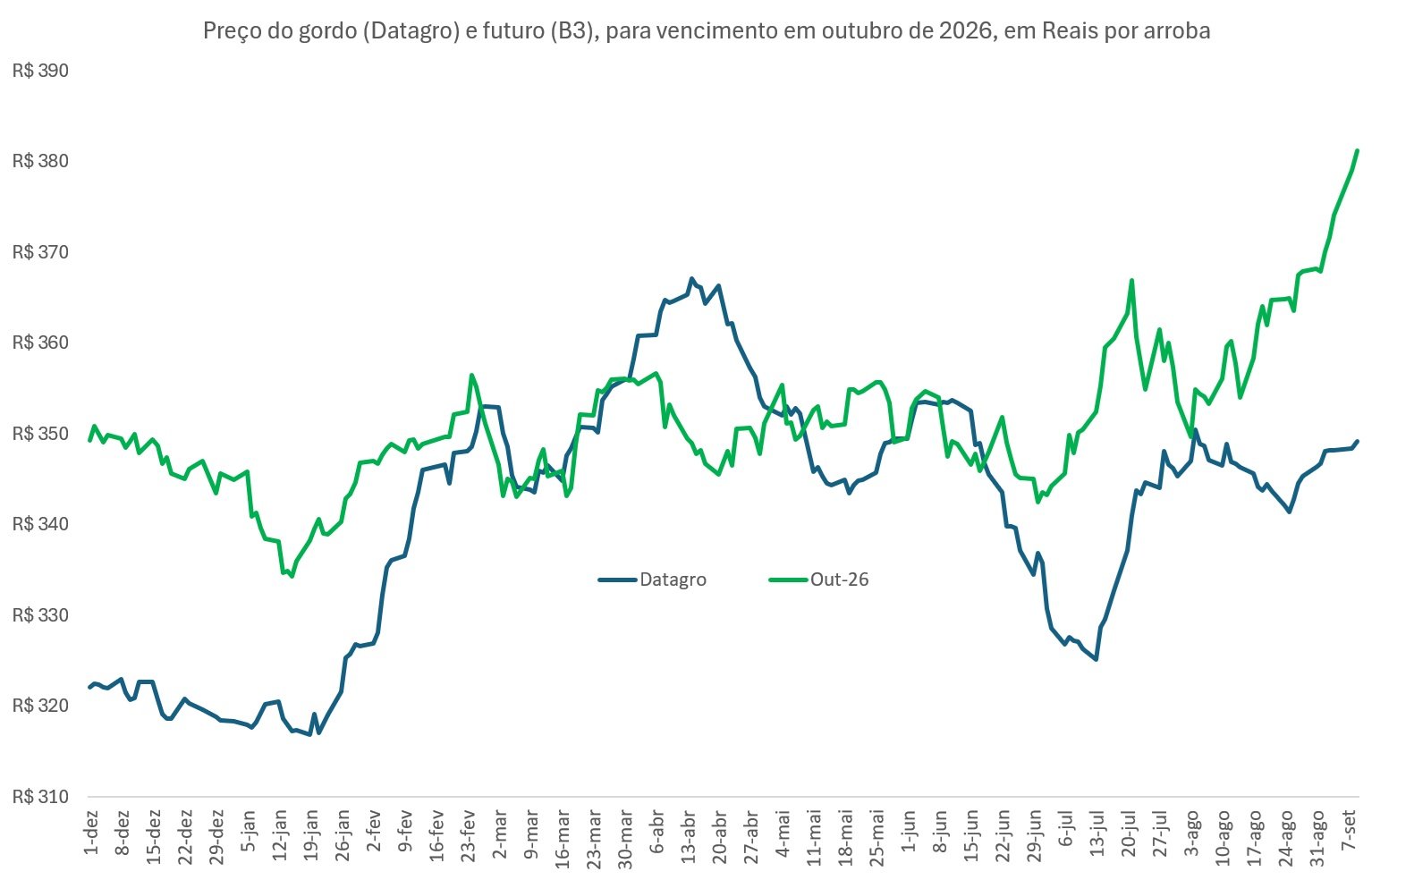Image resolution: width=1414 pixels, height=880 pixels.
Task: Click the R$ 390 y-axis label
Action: (x=40, y=71)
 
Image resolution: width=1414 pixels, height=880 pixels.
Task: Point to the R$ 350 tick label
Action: (x=40, y=434)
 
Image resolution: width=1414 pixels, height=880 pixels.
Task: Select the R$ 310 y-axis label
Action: (x=40, y=797)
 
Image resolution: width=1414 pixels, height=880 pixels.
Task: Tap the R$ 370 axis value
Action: (x=40, y=252)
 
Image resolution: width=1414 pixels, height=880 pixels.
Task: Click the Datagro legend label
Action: (x=673, y=580)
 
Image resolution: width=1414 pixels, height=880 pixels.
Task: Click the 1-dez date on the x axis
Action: (x=91, y=832)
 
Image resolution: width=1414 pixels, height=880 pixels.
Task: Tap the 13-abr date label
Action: (x=688, y=836)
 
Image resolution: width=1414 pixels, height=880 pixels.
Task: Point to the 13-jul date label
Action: (x=1097, y=835)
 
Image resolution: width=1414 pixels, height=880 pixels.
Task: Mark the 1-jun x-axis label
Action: (x=909, y=831)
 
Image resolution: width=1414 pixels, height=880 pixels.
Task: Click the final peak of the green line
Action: (x=1357, y=150)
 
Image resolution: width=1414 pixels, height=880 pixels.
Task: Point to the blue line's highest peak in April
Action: (x=692, y=278)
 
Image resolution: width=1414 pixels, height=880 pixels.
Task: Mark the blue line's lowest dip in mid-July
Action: (x=1096, y=660)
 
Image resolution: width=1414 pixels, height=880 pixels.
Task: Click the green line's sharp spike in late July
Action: (x=1132, y=280)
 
